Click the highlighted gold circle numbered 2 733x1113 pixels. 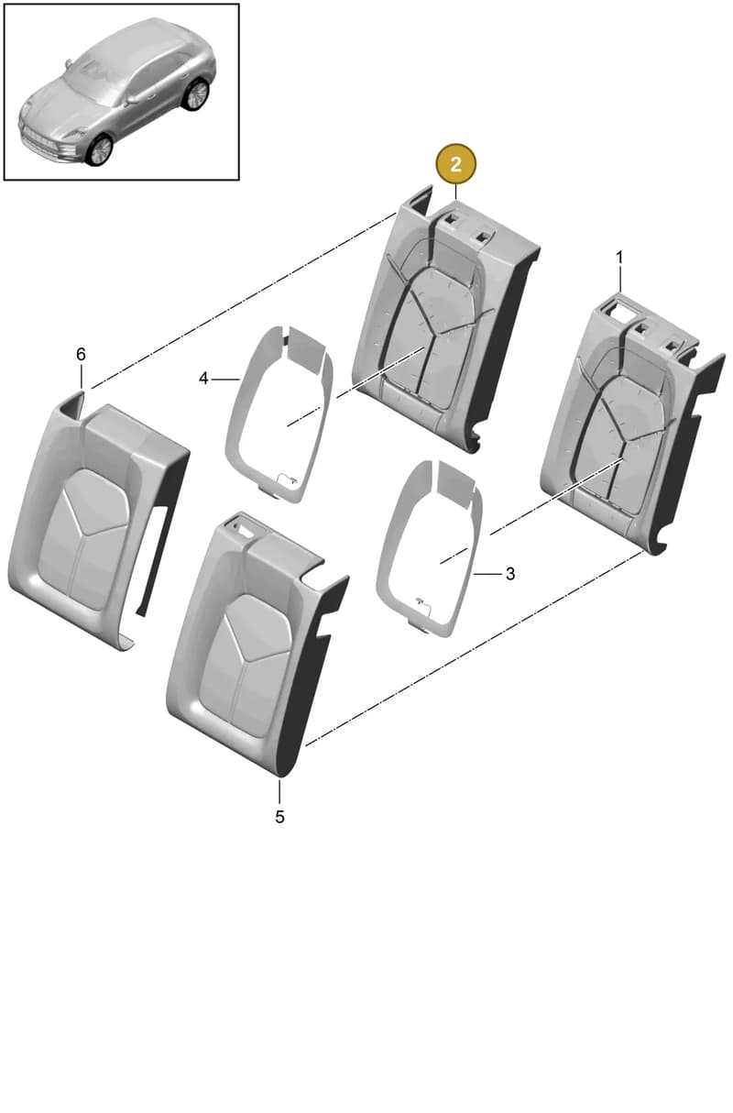tap(455, 164)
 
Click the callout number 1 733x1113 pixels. tap(619, 258)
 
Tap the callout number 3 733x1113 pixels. tap(510, 574)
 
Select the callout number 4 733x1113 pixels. tap(203, 379)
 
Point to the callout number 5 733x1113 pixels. tap(279, 816)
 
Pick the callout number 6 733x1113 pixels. tap(81, 354)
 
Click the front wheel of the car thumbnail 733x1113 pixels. tap(100, 149)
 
